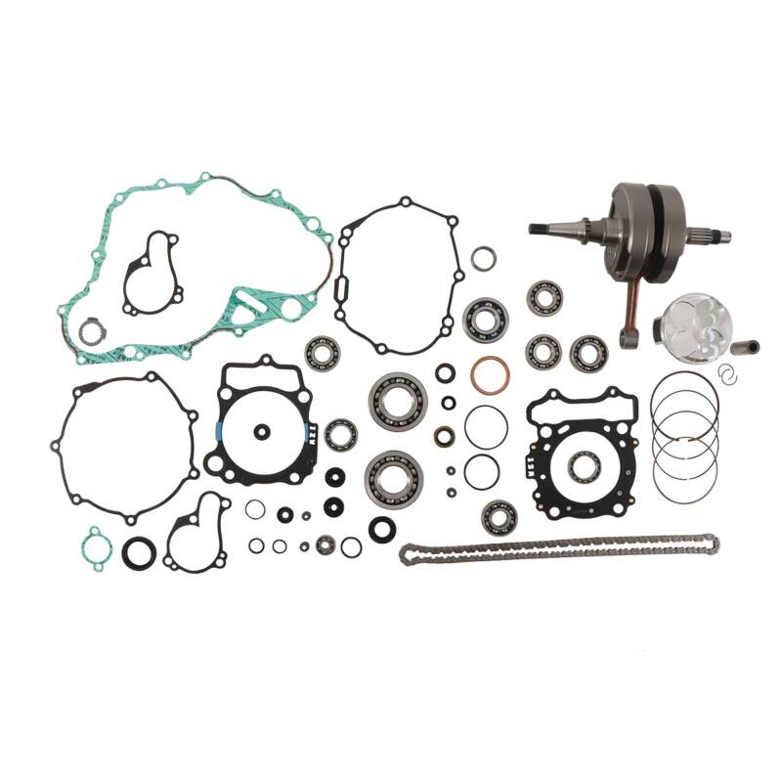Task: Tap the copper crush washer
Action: click(489, 374)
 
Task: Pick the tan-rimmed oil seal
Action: click(445, 436)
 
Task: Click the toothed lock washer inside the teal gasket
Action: click(90, 332)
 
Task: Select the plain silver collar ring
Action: click(483, 258)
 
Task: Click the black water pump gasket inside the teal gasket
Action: click(151, 274)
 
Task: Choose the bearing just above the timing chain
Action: click(499, 515)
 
